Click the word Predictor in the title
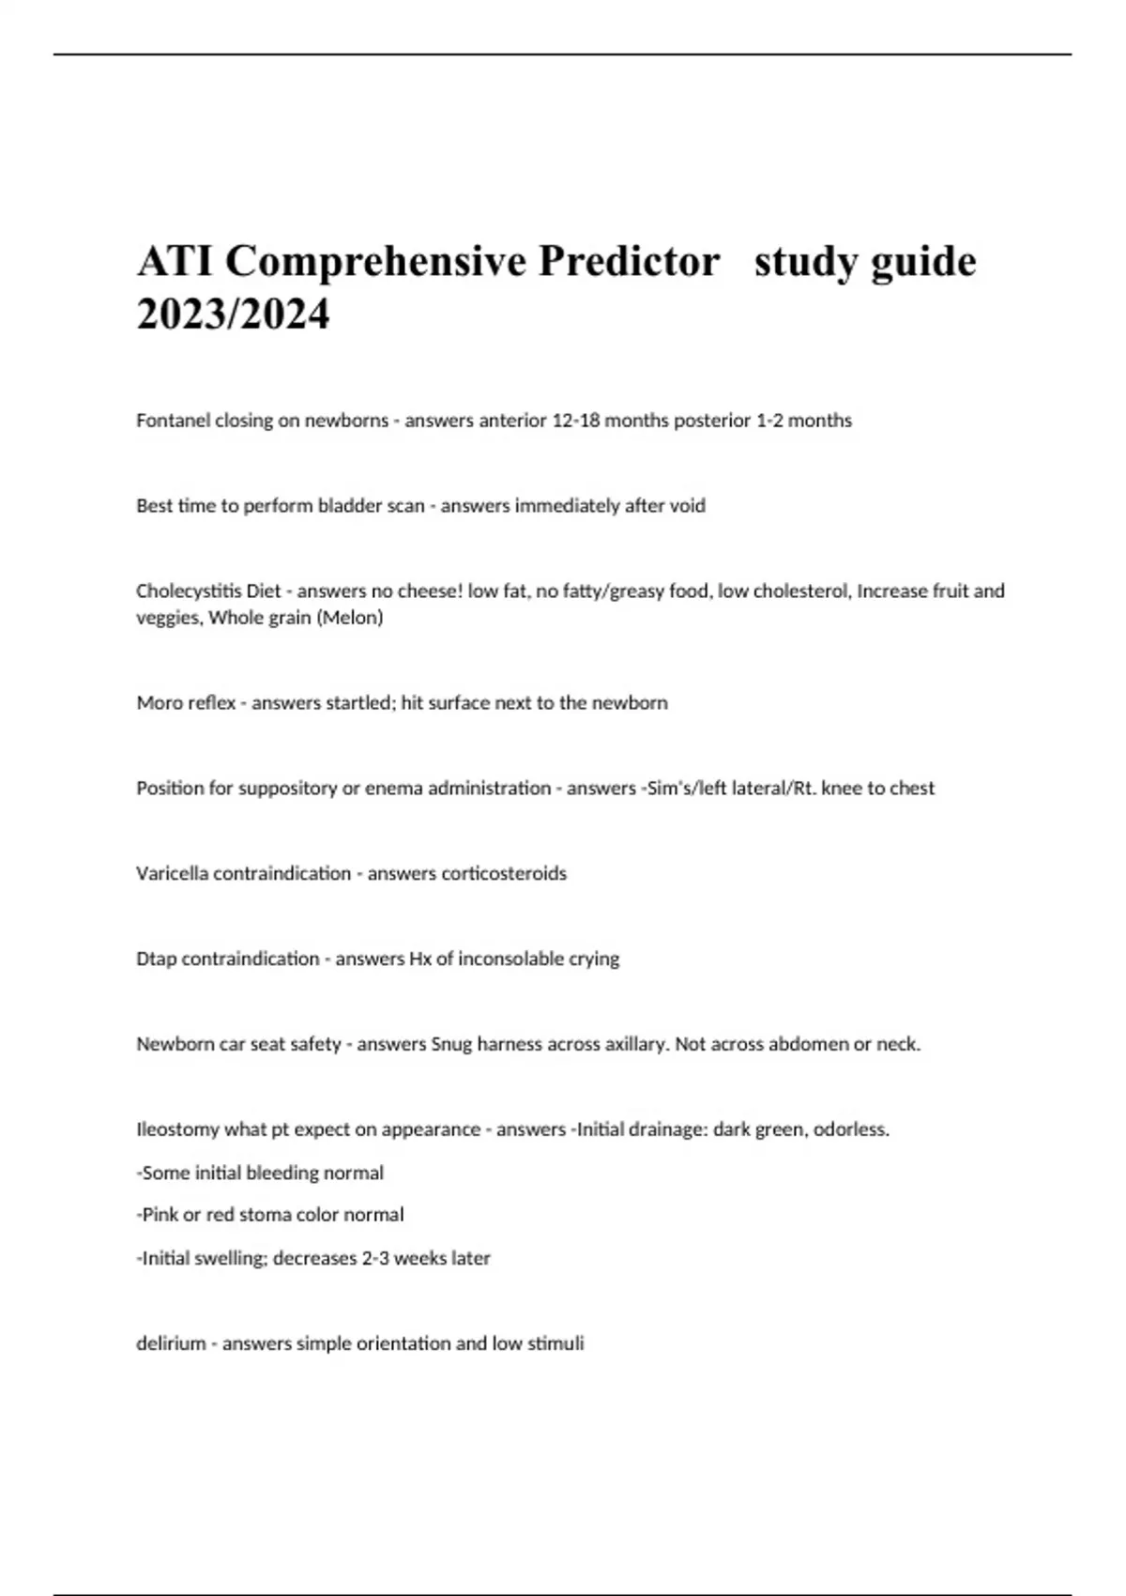(x=628, y=261)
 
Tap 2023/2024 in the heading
(x=233, y=314)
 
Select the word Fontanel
(x=173, y=421)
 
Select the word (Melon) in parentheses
(x=348, y=618)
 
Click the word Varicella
(x=172, y=874)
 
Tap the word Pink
(x=160, y=1215)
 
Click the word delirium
(x=170, y=1343)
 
